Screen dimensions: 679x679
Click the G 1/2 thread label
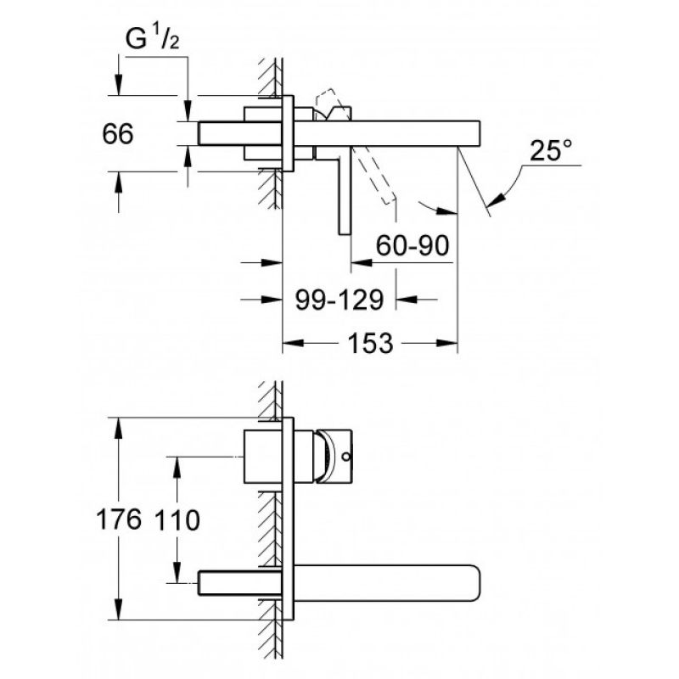click(x=152, y=39)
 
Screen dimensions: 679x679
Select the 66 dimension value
click(x=117, y=134)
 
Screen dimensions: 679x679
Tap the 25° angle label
click(x=550, y=150)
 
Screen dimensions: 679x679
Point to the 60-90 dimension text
click(x=412, y=245)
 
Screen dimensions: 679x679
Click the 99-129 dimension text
click(x=339, y=300)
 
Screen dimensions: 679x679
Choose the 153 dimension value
click(x=370, y=344)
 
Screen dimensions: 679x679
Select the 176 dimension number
click(x=118, y=519)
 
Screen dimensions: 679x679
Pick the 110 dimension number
click(x=177, y=519)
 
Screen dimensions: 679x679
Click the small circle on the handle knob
click(x=345, y=456)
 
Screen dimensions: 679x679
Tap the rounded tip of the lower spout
click(x=480, y=583)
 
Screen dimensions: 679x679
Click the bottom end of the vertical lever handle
click(x=345, y=234)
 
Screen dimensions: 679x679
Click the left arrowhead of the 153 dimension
click(x=292, y=343)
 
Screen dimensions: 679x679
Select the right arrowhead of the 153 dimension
click(x=448, y=343)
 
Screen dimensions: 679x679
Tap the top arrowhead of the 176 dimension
click(x=118, y=428)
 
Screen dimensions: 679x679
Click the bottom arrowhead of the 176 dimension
click(x=118, y=609)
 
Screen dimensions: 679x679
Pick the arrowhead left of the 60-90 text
click(x=361, y=262)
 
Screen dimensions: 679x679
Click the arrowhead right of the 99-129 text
click(x=407, y=299)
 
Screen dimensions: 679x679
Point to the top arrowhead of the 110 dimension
click(x=177, y=466)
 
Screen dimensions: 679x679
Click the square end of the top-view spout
click(x=480, y=134)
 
